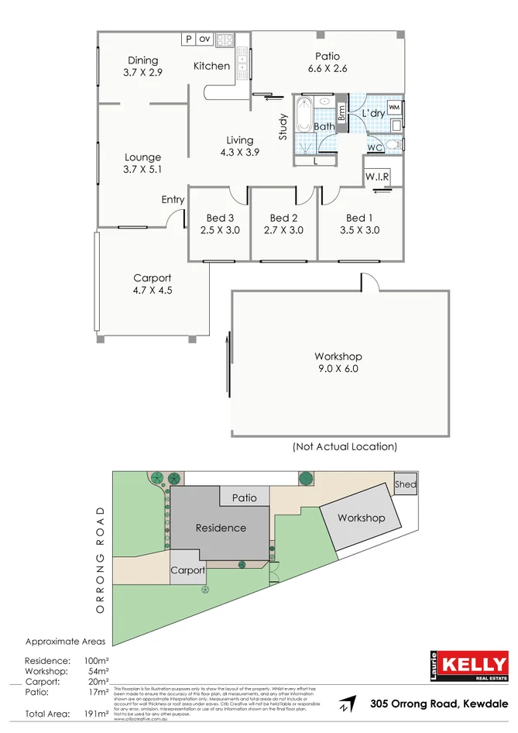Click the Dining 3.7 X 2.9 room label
click(143, 66)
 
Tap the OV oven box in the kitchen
click(204, 38)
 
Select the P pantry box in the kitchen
click(188, 38)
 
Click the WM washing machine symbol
click(394, 107)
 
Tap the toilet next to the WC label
click(393, 145)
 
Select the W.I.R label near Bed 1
click(377, 177)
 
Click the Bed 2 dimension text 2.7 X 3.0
click(284, 230)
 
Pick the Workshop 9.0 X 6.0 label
click(338, 363)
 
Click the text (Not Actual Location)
click(345, 446)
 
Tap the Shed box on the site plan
click(405, 484)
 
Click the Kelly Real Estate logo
click(469, 667)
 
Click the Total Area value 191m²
click(96, 714)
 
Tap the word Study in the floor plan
click(283, 127)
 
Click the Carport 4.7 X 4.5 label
click(153, 284)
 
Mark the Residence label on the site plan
click(221, 528)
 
